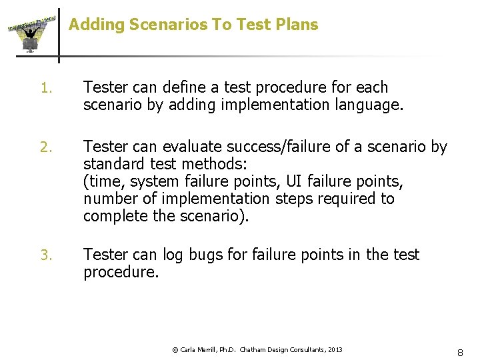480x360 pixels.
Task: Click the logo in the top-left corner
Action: tap(30, 33)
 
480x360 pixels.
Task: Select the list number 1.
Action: tap(45, 88)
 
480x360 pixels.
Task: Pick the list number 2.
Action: tap(45, 147)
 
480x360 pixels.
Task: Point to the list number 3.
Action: tap(45, 255)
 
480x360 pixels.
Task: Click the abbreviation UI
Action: tap(295, 181)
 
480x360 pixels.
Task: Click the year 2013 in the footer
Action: tap(335, 350)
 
